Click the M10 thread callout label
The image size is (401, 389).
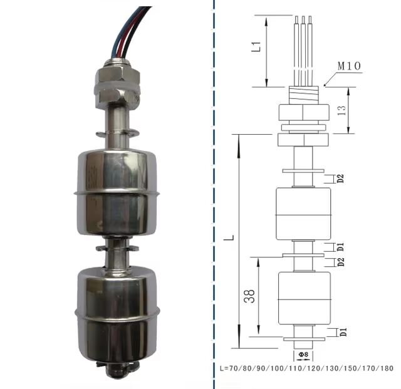349,66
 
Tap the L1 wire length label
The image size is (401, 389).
256,47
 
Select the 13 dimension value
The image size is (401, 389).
341,110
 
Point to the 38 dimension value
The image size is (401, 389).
249,296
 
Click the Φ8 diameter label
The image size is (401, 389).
303,355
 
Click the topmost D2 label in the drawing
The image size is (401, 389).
340,179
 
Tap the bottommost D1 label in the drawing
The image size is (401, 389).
343,332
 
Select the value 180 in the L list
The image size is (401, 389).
387,368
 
